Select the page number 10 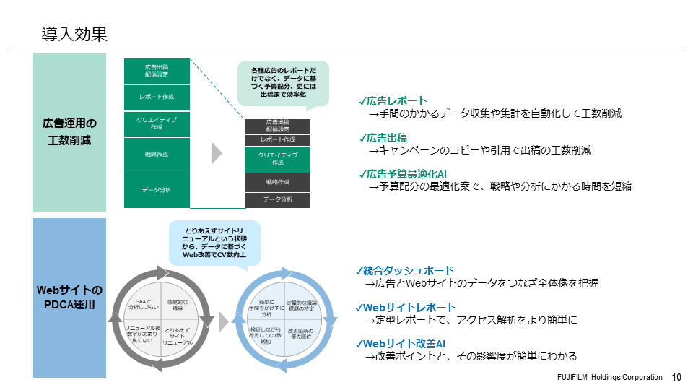click(x=676, y=377)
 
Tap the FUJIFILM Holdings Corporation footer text click(x=609, y=377)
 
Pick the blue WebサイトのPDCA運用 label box click(x=69, y=298)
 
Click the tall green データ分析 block click(x=157, y=190)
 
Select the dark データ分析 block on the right click(x=277, y=200)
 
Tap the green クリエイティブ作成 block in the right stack click(x=277, y=159)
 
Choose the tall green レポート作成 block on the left click(x=157, y=96)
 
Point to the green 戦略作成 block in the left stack click(x=157, y=154)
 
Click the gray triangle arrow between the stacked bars click(x=216, y=153)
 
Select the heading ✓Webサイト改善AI click(x=404, y=344)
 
